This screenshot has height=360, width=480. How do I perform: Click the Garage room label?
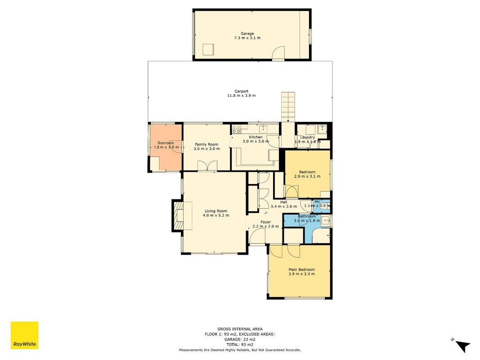pyautogui.click(x=247, y=34)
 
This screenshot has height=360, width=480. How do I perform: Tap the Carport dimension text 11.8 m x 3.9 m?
pyautogui.click(x=242, y=95)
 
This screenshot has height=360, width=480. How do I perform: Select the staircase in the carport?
pyautogui.click(x=288, y=107)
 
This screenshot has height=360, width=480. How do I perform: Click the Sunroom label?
pyautogui.click(x=166, y=143)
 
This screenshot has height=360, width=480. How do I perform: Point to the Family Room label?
pyautogui.click(x=206, y=144)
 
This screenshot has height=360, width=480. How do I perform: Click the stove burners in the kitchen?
pyautogui.click(x=236, y=129)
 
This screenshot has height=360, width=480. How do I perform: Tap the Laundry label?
pyautogui.click(x=307, y=137)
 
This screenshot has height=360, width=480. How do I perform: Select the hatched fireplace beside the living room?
pyautogui.click(x=178, y=216)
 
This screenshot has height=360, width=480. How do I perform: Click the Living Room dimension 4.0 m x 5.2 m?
pyautogui.click(x=216, y=215)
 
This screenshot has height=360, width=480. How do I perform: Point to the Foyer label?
pyautogui.click(x=266, y=222)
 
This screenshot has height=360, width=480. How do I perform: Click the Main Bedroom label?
pyautogui.click(x=301, y=270)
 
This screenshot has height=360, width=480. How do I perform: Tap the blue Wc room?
pyautogui.click(x=322, y=206)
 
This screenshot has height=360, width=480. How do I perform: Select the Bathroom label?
pyautogui.click(x=307, y=216)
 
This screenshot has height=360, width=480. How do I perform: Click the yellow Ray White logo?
pyautogui.click(x=24, y=335)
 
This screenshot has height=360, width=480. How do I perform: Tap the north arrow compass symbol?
pyautogui.click(x=462, y=346)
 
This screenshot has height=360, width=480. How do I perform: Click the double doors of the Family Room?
pyautogui.click(x=207, y=166)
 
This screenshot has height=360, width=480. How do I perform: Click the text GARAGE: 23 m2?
pyautogui.click(x=240, y=339)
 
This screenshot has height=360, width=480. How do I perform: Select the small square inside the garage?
pyautogui.click(x=208, y=49)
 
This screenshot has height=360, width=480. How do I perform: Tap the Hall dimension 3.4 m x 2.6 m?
pyautogui.click(x=284, y=207)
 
